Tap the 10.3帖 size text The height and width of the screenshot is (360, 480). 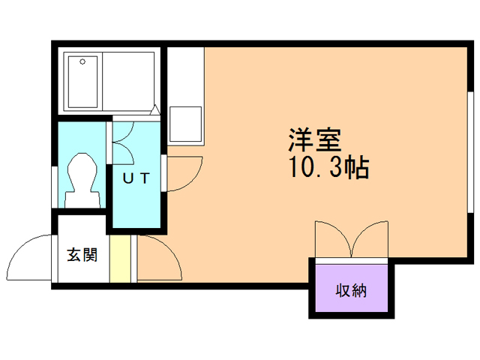(328, 168)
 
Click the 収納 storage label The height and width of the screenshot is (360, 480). (351, 289)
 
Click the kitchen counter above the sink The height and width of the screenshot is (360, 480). (185, 75)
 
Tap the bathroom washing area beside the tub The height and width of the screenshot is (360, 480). (130, 77)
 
